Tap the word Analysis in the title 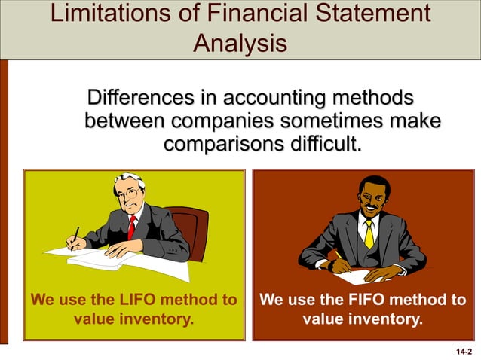[x=240, y=43]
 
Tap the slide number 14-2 [x=464, y=351]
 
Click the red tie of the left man [x=131, y=227]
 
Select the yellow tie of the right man [x=369, y=233]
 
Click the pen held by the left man [x=75, y=236]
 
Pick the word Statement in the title [x=363, y=14]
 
